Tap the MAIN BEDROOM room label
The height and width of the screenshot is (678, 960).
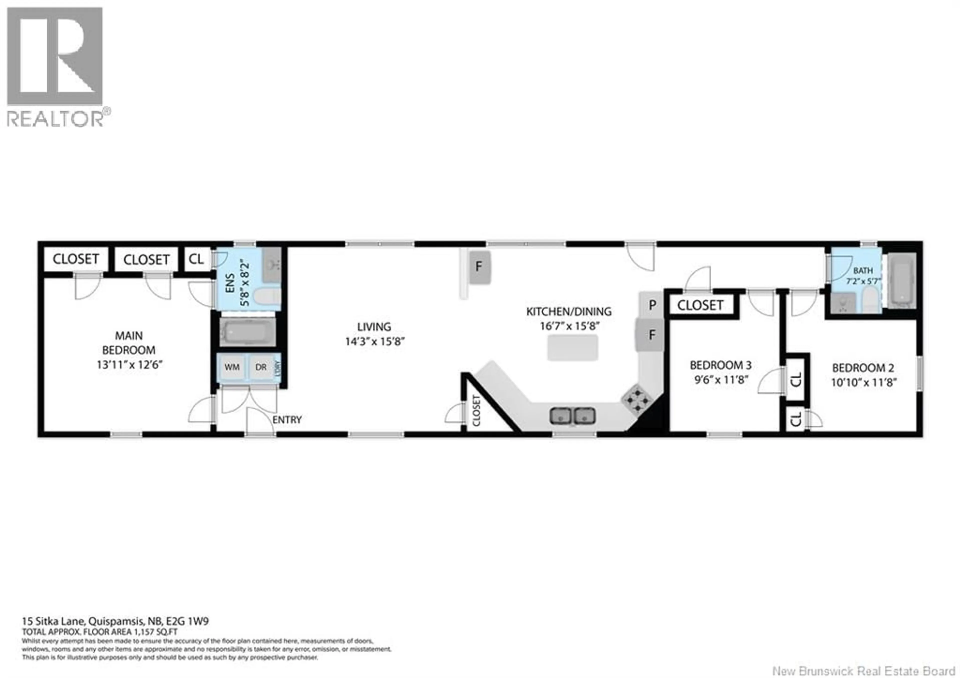point(129,343)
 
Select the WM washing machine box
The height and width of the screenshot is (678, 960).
point(232,367)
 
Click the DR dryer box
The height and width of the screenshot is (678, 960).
point(261,367)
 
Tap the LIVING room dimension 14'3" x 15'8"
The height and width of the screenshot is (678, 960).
point(375,342)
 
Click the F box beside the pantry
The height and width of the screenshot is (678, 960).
point(650,335)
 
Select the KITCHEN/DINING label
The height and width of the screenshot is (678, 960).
point(569,312)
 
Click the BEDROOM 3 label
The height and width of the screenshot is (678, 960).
point(720,365)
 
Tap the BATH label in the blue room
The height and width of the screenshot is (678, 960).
point(863,271)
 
